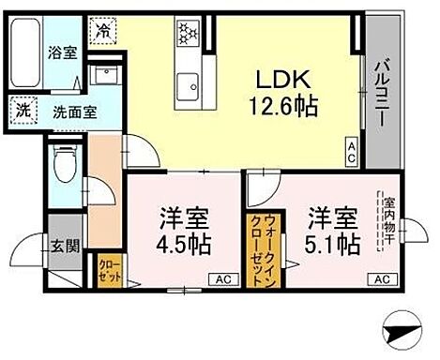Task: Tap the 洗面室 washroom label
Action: click(x=72, y=112)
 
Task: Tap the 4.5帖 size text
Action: click(x=182, y=246)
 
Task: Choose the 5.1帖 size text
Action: click(x=333, y=246)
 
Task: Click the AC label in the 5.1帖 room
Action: click(x=381, y=279)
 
